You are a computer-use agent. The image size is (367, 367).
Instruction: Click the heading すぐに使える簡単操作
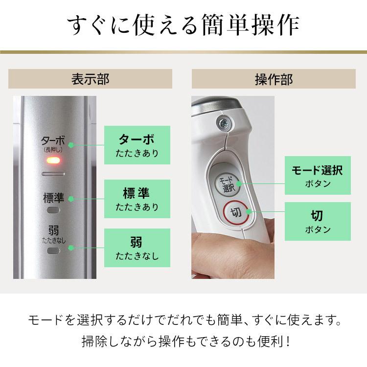(x=183, y=26)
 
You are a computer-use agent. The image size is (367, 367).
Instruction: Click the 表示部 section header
(x=90, y=79)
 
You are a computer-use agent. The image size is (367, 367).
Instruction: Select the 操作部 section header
(x=274, y=79)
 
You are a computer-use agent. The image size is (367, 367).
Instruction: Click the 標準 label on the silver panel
(x=53, y=198)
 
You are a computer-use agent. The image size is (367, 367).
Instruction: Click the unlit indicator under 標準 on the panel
(x=53, y=210)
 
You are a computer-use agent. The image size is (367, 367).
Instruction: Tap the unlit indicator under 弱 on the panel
(x=53, y=250)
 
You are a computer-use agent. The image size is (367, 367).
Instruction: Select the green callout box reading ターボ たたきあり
(x=137, y=145)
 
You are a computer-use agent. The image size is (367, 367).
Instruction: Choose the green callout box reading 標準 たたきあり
(x=137, y=199)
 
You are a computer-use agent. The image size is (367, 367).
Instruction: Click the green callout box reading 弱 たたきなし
(x=137, y=248)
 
